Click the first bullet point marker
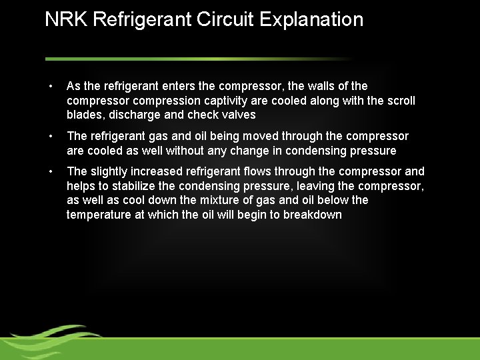point(51,87)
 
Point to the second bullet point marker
point(51,137)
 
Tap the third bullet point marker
point(51,172)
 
